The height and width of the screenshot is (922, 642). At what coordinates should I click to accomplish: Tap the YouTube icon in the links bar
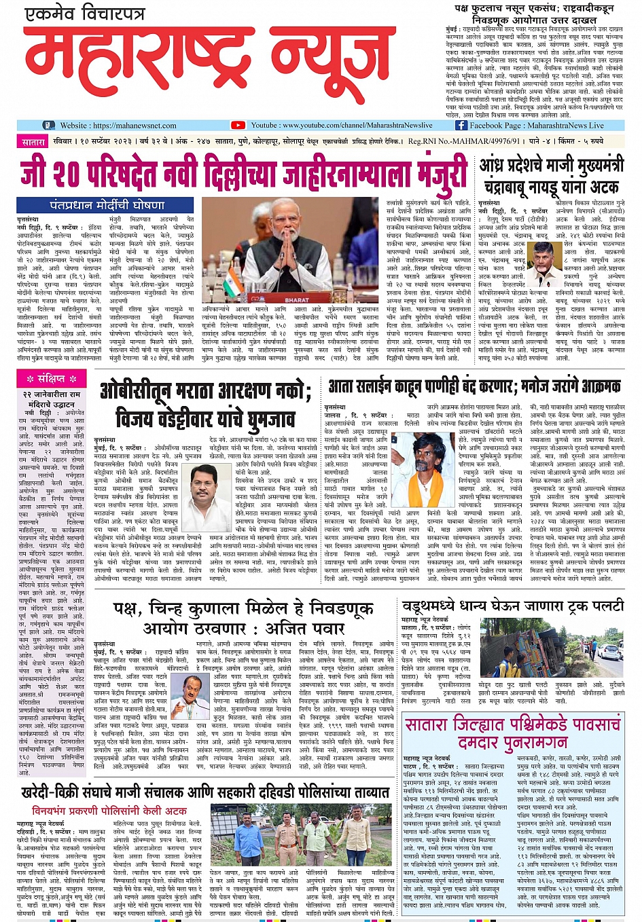click(238, 126)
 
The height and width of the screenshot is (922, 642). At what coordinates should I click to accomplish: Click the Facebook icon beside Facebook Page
click(461, 126)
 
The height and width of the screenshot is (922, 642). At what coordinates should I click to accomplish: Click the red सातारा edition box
click(33, 142)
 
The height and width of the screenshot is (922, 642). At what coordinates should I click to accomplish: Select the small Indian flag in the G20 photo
click(233, 280)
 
